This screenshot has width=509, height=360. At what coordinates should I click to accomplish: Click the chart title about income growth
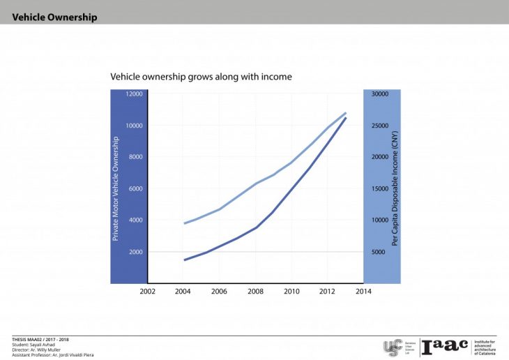(x=201, y=76)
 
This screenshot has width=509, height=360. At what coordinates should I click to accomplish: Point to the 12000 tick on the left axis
(x=134, y=94)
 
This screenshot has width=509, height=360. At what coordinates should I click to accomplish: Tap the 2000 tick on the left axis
(x=135, y=252)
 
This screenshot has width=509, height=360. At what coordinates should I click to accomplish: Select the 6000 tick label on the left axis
(x=135, y=189)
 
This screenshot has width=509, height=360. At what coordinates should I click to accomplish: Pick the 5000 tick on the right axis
(x=377, y=252)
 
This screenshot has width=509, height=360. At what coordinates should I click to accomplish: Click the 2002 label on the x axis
(x=147, y=291)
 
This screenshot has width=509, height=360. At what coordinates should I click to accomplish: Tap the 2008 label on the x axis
(x=255, y=291)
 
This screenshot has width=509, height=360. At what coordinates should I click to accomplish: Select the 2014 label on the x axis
(x=363, y=291)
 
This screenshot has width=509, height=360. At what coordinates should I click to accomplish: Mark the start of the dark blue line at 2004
(x=184, y=260)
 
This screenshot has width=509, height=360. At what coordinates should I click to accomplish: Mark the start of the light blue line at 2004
(x=184, y=223)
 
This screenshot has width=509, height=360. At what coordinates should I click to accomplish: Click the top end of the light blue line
(x=346, y=113)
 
